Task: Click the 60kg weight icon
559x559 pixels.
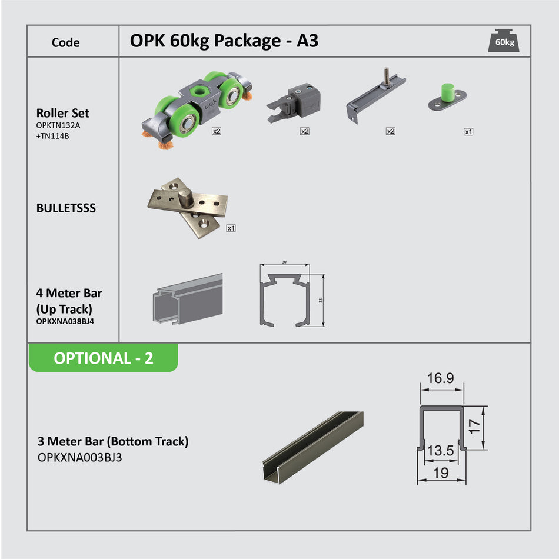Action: pos(503,41)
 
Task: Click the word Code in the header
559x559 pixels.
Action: pos(65,42)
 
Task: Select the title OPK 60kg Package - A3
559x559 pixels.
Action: pos(224,41)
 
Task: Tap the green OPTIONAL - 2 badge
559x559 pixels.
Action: pos(103,358)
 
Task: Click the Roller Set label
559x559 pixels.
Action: pos(62,113)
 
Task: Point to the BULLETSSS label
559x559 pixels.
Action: pos(66,208)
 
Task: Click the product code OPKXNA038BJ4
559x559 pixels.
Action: pos(65,322)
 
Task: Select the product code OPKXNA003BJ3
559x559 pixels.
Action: pos(79,457)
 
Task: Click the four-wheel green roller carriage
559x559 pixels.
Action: pos(194,104)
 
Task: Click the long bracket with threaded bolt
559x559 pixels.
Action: pos(375,95)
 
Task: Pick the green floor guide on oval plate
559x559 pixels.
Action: pos(447,98)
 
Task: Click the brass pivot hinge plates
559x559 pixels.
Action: pos(187,207)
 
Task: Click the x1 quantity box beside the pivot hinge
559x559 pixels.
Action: pos(231,228)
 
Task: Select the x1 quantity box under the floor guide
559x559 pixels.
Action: pos(468,132)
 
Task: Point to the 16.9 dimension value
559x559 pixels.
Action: pos(440,378)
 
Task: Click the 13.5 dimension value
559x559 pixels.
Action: pos(440,451)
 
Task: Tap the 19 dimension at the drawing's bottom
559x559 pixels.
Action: pos(440,473)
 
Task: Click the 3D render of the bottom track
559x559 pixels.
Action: pos(312,445)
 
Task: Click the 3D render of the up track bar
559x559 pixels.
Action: pos(187,299)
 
